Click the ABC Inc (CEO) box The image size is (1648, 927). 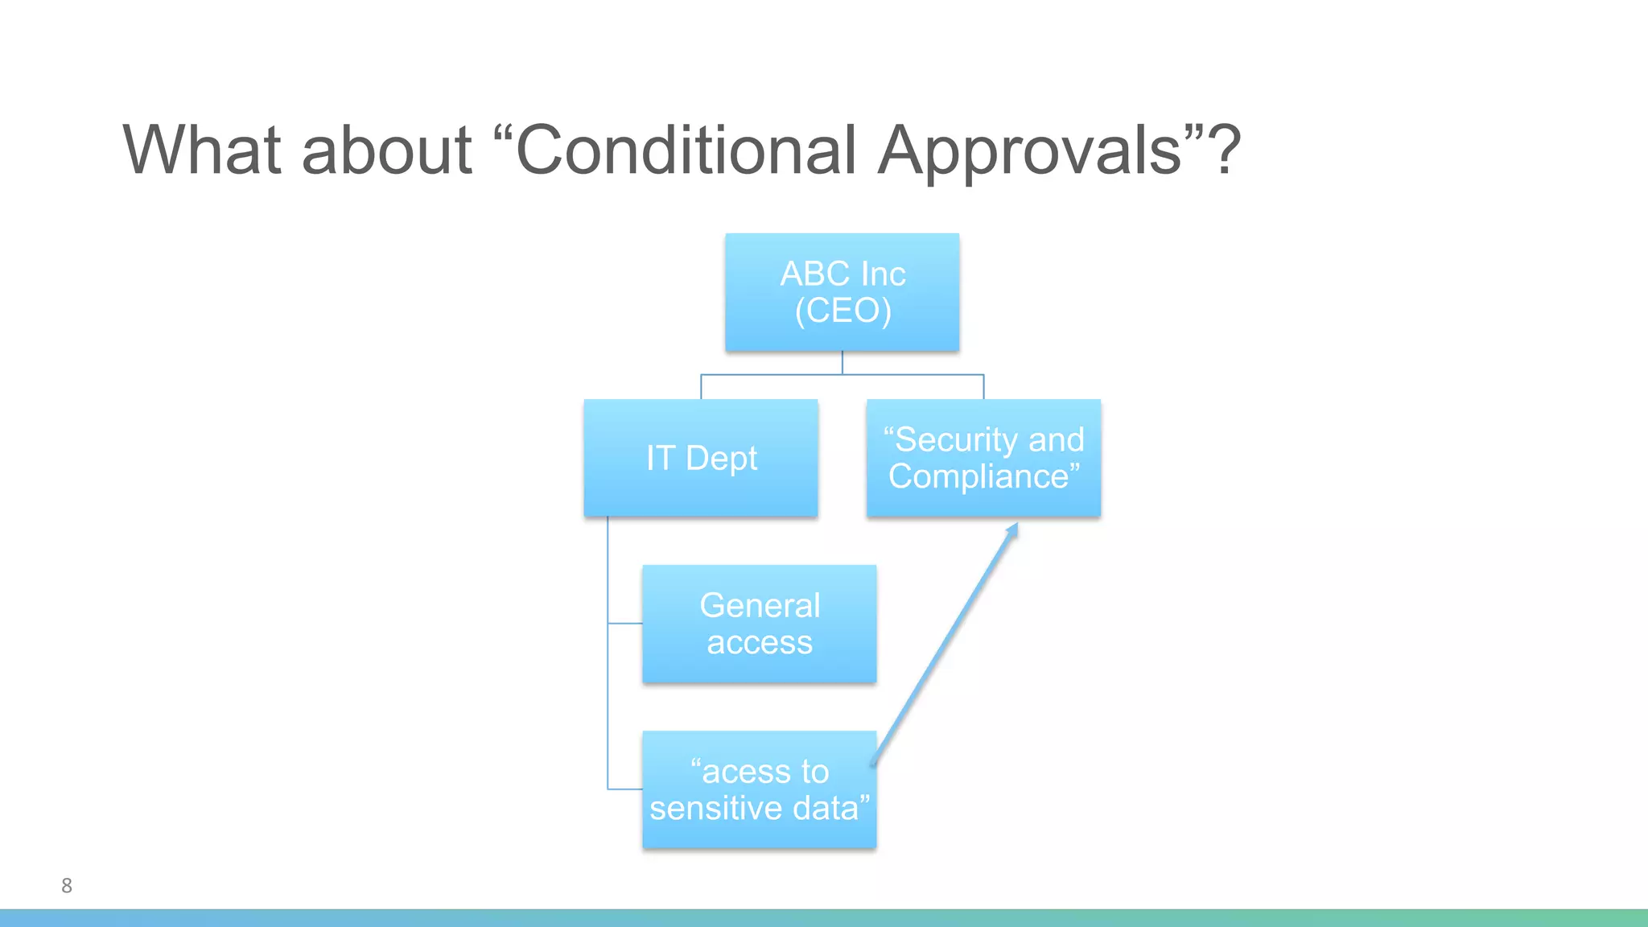[842, 291]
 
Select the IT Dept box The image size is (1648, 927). [701, 458]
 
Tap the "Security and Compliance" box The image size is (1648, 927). [983, 458]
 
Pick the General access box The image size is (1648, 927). [759, 624]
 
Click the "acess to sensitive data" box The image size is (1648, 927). [759, 789]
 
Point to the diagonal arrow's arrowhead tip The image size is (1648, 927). [1016, 525]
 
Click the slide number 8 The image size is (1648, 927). [67, 886]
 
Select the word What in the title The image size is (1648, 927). [202, 150]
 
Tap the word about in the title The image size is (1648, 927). [386, 150]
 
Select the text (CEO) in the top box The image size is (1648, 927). [843, 311]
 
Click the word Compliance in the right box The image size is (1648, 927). [978, 476]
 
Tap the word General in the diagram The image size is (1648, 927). [760, 605]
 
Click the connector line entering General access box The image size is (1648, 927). [625, 623]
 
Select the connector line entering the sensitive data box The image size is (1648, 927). [625, 789]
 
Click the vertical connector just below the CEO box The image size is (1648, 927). [843, 362]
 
